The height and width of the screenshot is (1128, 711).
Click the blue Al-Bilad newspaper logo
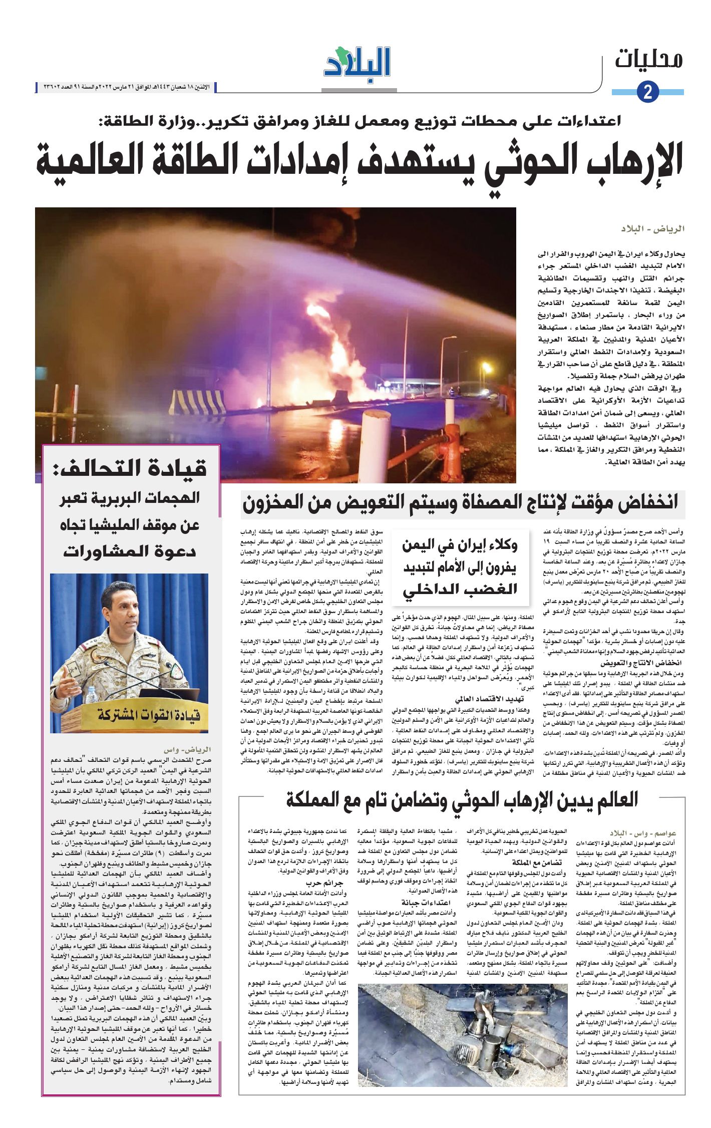pyautogui.click(x=357, y=63)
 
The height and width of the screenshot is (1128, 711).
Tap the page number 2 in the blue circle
pyautogui.click(x=648, y=92)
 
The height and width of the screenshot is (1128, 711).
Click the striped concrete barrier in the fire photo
pyautogui.click(x=197, y=402)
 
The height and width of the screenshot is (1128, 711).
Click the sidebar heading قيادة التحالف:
pyautogui.click(x=130, y=469)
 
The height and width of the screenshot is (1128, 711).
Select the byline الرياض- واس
pyautogui.click(x=187, y=750)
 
